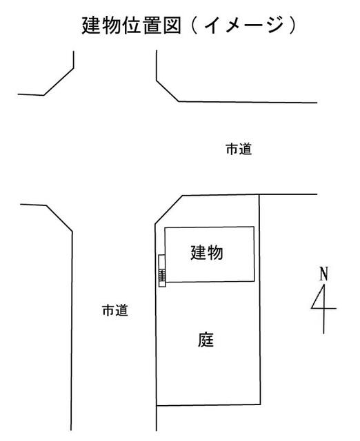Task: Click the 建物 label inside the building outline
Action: tap(207, 252)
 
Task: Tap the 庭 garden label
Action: tap(206, 340)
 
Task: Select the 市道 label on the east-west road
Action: tap(239, 149)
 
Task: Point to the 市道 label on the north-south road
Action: tap(115, 310)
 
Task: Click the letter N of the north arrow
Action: tap(324, 274)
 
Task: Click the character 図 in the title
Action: tap(172, 25)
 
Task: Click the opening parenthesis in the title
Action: tap(194, 25)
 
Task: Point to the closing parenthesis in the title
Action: tap(292, 25)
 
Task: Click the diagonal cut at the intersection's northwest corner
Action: tap(59, 81)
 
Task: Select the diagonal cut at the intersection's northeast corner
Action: tap(168, 91)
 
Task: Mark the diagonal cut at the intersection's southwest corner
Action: tap(59, 218)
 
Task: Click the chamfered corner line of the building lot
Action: tap(168, 209)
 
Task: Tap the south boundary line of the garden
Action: tap(208, 405)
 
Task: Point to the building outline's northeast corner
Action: tap(254, 227)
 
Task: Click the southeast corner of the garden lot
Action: tap(261, 404)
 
